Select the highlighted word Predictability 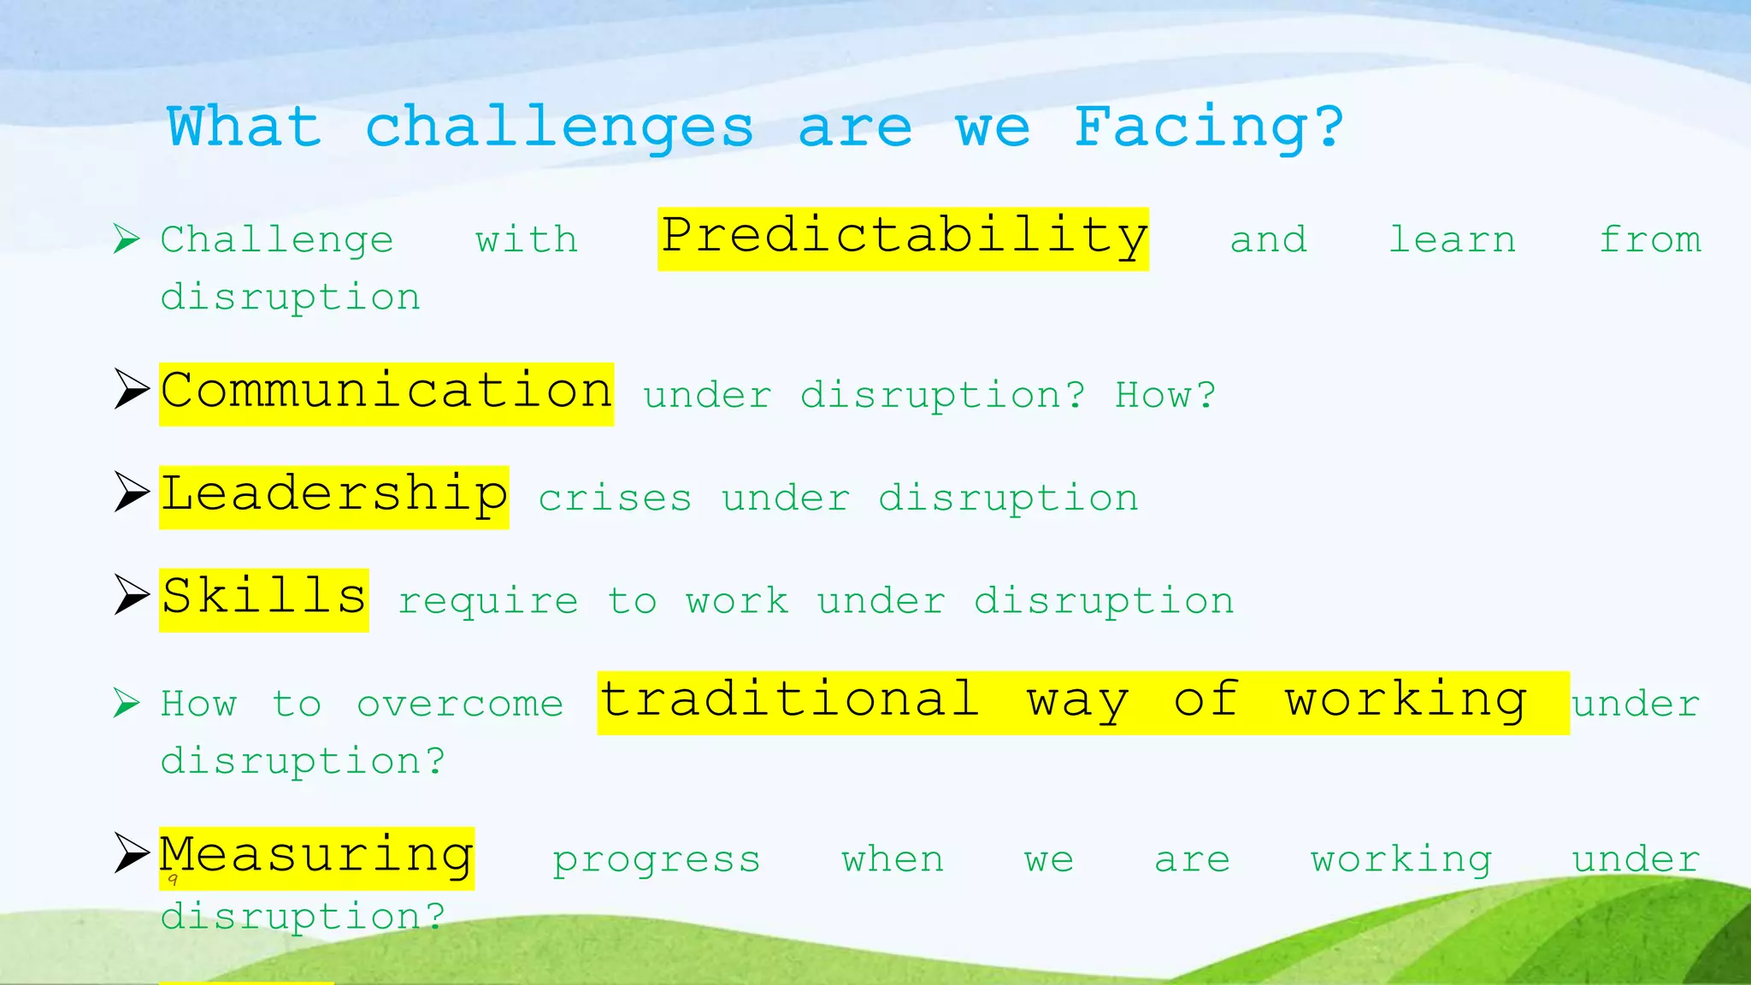(x=903, y=239)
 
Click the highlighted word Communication (x=386, y=393)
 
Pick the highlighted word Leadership (x=333, y=497)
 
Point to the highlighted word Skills (x=263, y=599)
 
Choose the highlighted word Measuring (x=316, y=858)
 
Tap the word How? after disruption (x=1164, y=396)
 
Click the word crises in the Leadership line (x=615, y=498)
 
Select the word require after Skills (x=488, y=602)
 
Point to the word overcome (x=460, y=705)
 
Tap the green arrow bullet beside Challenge (x=127, y=239)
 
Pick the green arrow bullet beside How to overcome (x=127, y=703)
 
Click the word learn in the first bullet (x=1452, y=240)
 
